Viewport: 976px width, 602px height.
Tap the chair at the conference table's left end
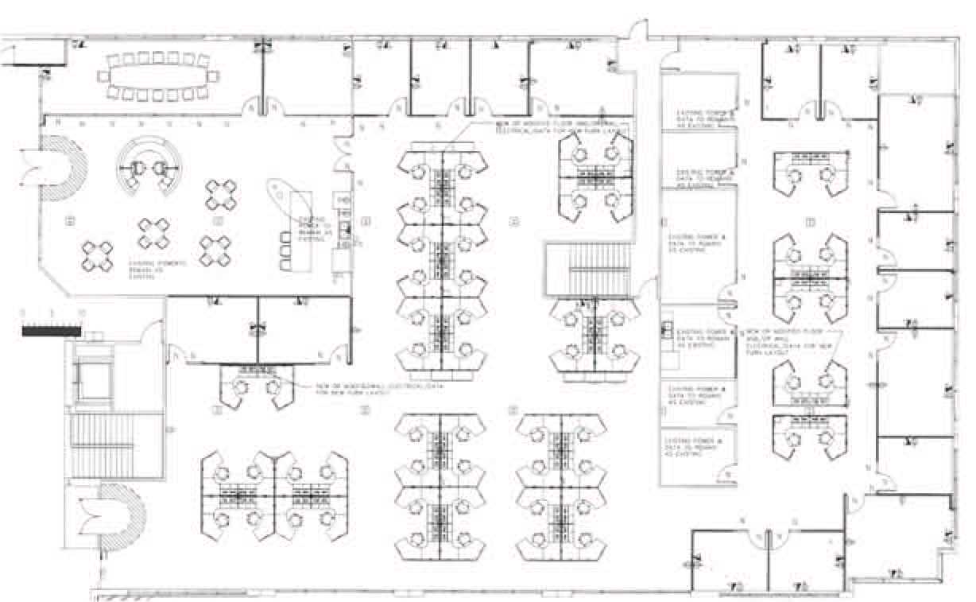click(x=103, y=76)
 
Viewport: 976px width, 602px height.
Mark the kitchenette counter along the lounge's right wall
click(x=344, y=231)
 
